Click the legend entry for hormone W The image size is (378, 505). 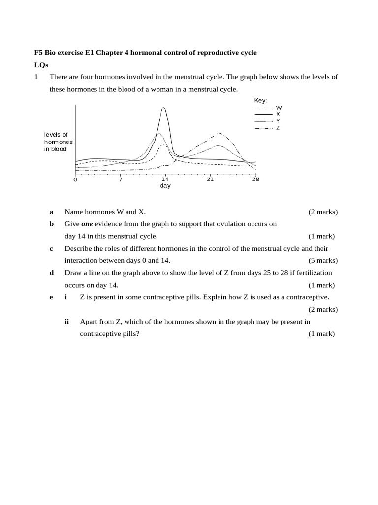click(x=268, y=108)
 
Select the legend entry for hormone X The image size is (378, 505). click(x=268, y=114)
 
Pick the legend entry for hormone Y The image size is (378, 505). click(x=268, y=121)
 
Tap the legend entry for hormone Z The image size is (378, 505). click(x=268, y=128)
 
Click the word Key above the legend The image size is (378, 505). click(x=260, y=101)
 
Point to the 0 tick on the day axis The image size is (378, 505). click(x=75, y=180)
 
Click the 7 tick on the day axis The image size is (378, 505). click(x=120, y=180)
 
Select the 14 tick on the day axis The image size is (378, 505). click(x=165, y=180)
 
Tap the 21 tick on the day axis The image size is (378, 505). click(x=210, y=180)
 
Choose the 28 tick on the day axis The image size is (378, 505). click(x=255, y=180)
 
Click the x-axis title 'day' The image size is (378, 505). click(x=165, y=186)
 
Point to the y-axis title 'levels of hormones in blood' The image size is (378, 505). click(x=58, y=142)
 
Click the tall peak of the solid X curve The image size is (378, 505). click(x=163, y=108)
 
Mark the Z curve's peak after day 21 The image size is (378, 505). click(x=219, y=133)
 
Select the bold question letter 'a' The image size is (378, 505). click(x=51, y=212)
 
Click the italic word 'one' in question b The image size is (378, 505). click(x=87, y=224)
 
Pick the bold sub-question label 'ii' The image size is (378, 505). click(x=66, y=322)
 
